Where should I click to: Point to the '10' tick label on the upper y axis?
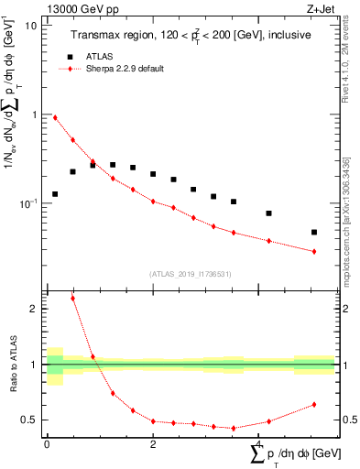click(31, 26)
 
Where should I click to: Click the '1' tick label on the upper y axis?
click(35, 115)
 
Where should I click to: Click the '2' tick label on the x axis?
click(153, 444)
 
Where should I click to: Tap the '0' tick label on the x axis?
click(47, 444)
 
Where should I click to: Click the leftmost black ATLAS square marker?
click(55, 194)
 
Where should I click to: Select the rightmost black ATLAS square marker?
click(314, 233)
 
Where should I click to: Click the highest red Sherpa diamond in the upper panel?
click(55, 117)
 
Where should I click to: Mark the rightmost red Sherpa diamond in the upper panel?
click(314, 251)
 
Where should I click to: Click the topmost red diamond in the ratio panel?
click(72, 299)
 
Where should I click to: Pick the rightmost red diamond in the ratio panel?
click(314, 404)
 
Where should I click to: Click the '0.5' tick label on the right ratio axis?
click(348, 420)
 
